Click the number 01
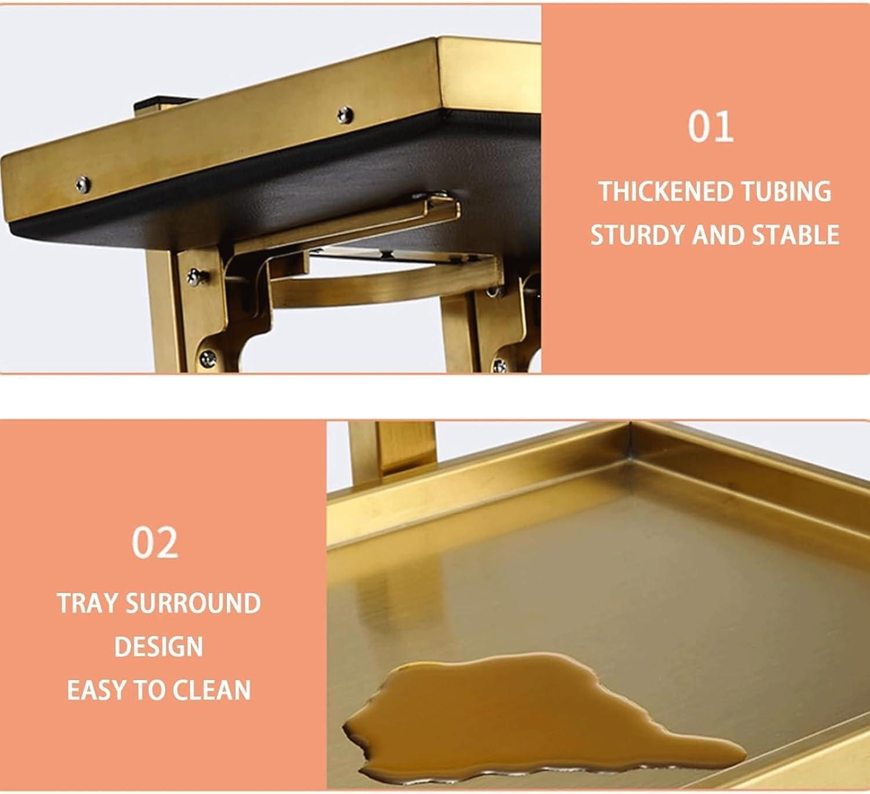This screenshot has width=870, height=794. tap(710, 126)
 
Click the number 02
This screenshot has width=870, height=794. tap(155, 543)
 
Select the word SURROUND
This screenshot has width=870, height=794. tap(193, 603)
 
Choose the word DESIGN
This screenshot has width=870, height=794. tap(158, 647)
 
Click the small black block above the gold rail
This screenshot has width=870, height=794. tap(162, 106)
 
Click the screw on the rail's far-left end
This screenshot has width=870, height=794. tap(82, 184)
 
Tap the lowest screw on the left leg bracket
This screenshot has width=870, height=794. tap(208, 359)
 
